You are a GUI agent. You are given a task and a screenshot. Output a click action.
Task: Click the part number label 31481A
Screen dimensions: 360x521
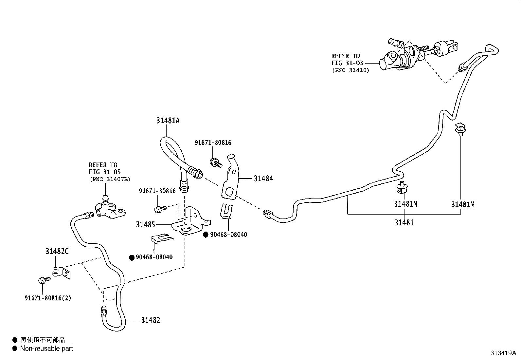[x=168, y=121]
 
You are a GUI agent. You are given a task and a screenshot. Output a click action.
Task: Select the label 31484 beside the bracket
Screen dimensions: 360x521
[x=263, y=179]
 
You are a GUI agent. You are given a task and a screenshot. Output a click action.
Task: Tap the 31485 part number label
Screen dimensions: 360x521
[x=146, y=224]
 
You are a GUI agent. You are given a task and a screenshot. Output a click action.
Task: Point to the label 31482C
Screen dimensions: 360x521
[x=57, y=251]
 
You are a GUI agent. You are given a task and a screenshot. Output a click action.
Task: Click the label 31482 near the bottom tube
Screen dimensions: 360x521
[x=151, y=320]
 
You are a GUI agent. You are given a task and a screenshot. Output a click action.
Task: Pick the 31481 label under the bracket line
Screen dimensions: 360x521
[x=404, y=223]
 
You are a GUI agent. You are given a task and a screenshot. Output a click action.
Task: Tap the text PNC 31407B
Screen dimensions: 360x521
[x=110, y=179]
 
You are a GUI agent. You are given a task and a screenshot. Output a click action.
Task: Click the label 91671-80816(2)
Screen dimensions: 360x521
[x=47, y=298]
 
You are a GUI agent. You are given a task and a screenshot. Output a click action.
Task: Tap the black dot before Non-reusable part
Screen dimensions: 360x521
[x=14, y=349]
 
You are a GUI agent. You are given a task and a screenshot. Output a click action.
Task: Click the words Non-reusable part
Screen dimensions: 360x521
[x=46, y=349]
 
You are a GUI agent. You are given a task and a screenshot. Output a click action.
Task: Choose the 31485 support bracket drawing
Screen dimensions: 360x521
[x=190, y=223]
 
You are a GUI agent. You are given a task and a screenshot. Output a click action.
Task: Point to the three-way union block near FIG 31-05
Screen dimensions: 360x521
[x=110, y=210]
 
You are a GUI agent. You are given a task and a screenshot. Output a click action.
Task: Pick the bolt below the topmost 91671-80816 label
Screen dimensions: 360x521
[x=216, y=162]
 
